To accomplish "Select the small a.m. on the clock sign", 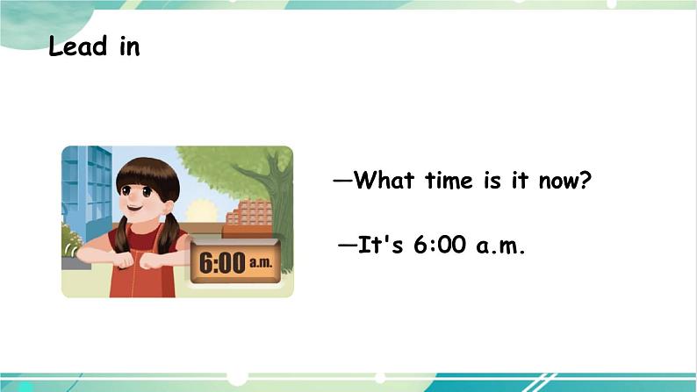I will click(x=262, y=260).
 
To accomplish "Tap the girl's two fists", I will click(x=139, y=260).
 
